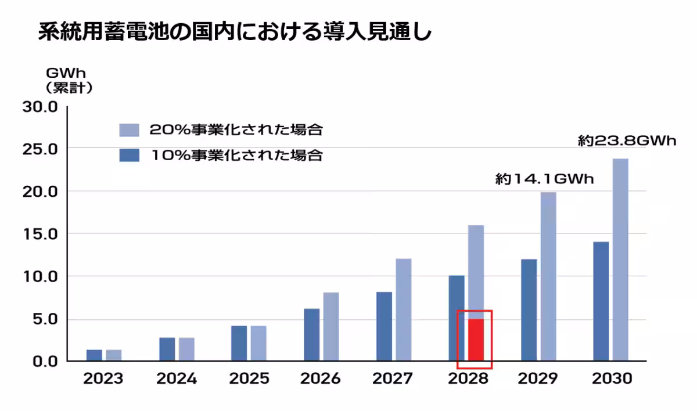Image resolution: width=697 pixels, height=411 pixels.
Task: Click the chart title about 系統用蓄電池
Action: (235, 33)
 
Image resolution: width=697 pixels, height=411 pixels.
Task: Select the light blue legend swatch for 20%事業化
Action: (130, 130)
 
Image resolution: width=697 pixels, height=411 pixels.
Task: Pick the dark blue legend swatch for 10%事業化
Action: (130, 156)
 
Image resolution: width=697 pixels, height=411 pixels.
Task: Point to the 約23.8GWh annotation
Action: (627, 141)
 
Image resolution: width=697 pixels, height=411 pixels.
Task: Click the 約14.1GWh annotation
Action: (544, 179)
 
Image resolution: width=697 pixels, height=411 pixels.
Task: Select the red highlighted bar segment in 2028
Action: (476, 340)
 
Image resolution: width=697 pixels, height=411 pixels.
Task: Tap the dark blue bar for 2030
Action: (601, 301)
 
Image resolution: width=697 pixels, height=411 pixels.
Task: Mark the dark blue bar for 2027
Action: (384, 326)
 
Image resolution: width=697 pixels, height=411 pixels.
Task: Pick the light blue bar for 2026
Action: (331, 326)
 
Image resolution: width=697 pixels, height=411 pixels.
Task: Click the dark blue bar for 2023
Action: (94, 355)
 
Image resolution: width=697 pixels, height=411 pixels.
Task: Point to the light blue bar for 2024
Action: (186, 349)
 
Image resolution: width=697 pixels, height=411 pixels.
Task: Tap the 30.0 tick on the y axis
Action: (41, 107)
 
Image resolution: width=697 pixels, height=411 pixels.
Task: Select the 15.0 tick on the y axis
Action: (41, 234)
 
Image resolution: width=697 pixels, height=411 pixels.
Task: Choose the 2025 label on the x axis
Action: (249, 379)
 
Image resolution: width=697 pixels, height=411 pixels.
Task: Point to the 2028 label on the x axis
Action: (468, 379)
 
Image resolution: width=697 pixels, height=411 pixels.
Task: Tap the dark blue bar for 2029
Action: (529, 310)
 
